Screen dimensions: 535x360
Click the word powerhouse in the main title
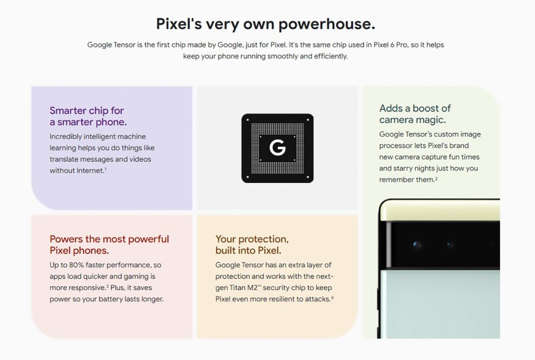[x=327, y=24]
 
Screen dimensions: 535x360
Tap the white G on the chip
[x=277, y=148]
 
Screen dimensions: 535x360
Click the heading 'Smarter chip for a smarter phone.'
[x=88, y=116]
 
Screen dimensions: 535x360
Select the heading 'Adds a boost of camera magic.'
[x=415, y=114]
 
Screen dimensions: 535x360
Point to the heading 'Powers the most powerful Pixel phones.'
[x=109, y=245]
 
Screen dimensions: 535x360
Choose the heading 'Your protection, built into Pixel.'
[x=252, y=245]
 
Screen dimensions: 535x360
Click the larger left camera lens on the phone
[x=417, y=245]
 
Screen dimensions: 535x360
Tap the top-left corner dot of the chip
[x=247, y=120]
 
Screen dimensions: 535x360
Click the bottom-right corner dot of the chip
[x=308, y=177]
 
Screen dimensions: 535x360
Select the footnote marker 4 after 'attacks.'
[x=332, y=298]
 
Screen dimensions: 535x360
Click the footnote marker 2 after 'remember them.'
[x=436, y=178]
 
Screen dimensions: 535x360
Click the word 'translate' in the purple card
[x=63, y=159]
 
